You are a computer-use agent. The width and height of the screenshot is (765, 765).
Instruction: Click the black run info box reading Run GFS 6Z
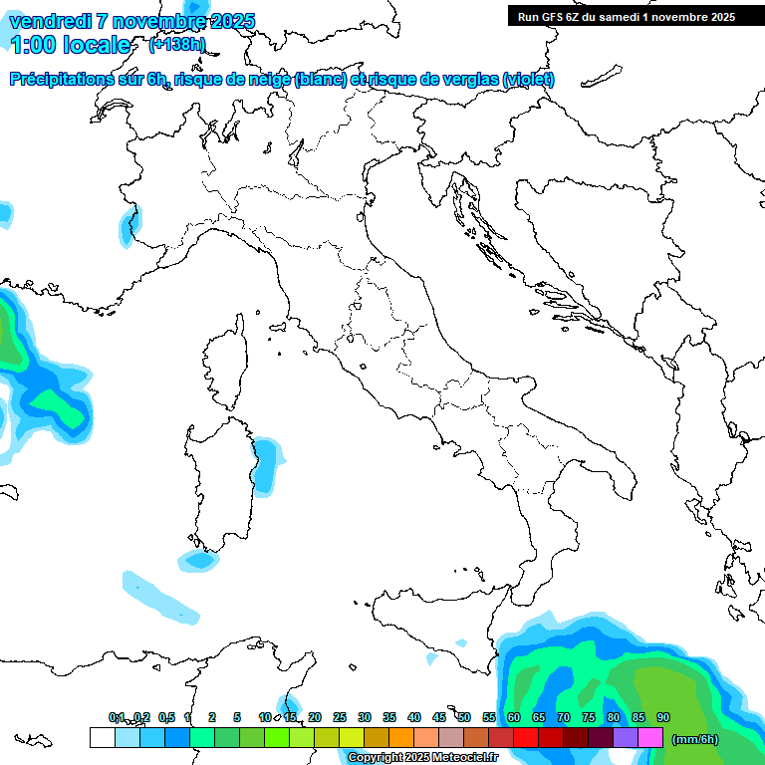(625, 16)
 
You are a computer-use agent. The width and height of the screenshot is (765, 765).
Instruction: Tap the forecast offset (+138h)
(176, 45)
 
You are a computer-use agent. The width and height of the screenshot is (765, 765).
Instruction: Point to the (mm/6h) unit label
(694, 739)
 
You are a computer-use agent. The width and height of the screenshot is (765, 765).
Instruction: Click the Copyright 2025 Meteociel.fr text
(422, 758)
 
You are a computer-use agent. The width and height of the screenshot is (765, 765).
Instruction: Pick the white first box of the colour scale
(102, 738)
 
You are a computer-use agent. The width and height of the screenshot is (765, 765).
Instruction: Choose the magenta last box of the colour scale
(650, 738)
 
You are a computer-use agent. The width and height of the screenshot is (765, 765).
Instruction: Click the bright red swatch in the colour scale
(526, 738)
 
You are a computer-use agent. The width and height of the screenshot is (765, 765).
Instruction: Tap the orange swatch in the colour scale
(400, 738)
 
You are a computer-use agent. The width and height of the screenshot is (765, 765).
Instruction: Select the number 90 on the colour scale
(663, 717)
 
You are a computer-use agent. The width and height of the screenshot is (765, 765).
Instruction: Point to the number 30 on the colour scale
(365, 717)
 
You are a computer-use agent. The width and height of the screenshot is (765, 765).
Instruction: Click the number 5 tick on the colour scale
(237, 717)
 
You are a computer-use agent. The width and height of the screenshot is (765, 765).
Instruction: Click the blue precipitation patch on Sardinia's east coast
(264, 464)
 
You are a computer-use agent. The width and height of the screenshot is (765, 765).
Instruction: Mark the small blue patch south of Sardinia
(200, 561)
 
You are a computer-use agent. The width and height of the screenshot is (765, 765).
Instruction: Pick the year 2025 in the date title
(232, 21)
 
